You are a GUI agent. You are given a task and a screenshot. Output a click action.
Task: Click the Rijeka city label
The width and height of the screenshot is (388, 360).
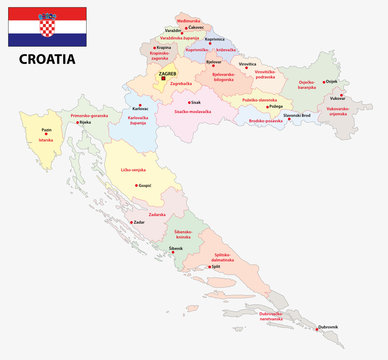coord(86,125)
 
